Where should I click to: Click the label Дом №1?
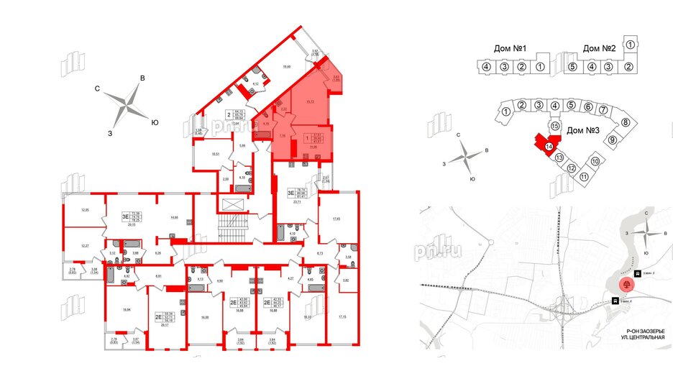[511, 48]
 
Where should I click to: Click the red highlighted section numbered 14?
[549, 147]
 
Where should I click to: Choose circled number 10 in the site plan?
[595, 161]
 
